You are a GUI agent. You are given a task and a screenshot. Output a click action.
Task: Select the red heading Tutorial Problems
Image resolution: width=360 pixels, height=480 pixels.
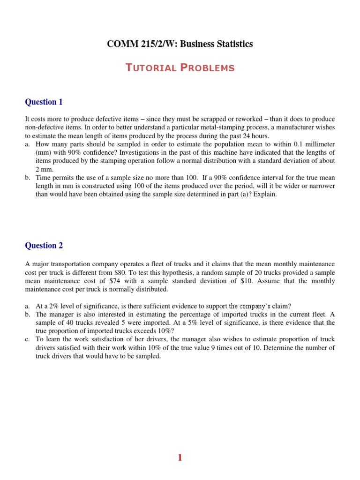click(x=180, y=68)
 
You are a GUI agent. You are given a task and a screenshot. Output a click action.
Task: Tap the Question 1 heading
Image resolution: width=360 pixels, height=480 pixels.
click(x=44, y=102)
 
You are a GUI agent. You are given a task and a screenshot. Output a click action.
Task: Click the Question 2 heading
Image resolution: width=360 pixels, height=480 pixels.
click(x=44, y=246)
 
